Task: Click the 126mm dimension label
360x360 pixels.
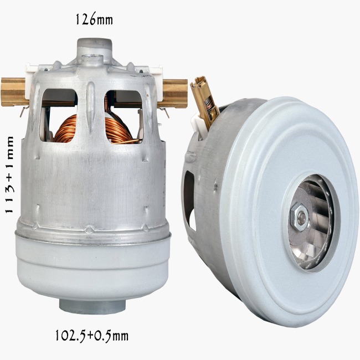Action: (x=94, y=19)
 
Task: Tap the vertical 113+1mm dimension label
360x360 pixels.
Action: (x=9, y=175)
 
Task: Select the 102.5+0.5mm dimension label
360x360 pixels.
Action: (x=92, y=336)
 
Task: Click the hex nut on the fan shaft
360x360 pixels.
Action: (x=300, y=217)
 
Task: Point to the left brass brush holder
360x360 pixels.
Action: (x=13, y=92)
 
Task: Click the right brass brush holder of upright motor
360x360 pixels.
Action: (x=175, y=93)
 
